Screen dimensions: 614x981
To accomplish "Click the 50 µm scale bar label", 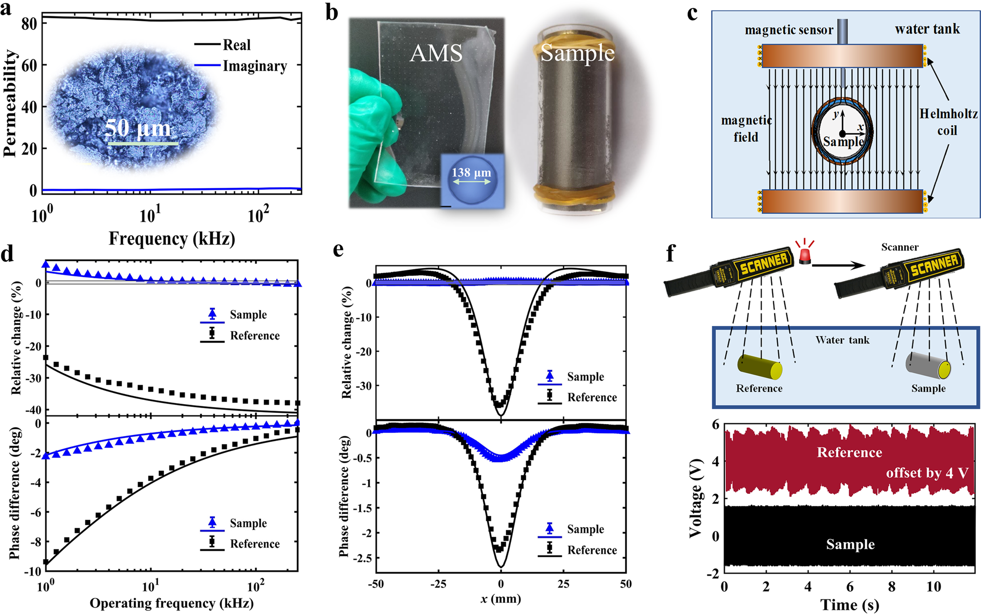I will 138,128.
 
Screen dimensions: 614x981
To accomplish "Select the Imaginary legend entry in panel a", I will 254,66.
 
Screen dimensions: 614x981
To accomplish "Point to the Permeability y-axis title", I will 10,103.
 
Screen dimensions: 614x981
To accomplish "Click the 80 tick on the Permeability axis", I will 29,24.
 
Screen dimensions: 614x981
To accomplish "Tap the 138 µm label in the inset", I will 471,173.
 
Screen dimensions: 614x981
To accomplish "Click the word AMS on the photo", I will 436,53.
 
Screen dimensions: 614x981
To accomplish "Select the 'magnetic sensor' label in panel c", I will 789,30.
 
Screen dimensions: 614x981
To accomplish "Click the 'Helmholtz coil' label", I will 948,122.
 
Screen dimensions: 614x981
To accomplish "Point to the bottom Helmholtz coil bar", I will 842,201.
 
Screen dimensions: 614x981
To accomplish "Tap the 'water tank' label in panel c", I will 927,29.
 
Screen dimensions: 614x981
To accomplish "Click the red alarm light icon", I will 804,252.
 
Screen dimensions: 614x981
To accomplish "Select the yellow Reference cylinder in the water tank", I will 759,367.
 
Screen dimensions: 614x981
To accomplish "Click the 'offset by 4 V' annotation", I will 927,473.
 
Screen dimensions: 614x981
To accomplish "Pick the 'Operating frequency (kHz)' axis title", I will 171,603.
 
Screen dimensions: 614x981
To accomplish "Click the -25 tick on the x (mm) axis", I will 438,584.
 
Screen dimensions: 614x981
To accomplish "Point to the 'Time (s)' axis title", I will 849,604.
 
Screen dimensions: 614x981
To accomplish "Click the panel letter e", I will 338,249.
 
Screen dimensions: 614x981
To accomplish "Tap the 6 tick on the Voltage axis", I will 715,425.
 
